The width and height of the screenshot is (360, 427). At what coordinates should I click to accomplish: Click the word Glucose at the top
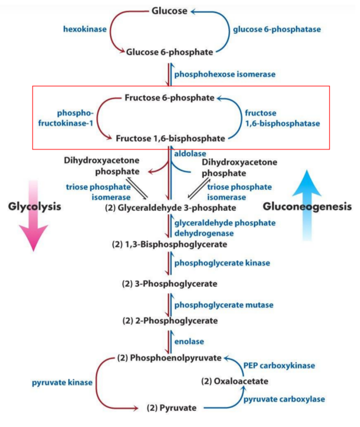(x=169, y=11)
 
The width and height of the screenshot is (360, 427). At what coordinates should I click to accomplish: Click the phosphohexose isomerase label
(x=225, y=75)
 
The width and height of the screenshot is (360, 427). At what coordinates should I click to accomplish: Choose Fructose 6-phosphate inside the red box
(x=169, y=98)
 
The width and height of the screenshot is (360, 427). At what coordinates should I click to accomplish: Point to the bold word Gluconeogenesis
(x=307, y=206)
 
